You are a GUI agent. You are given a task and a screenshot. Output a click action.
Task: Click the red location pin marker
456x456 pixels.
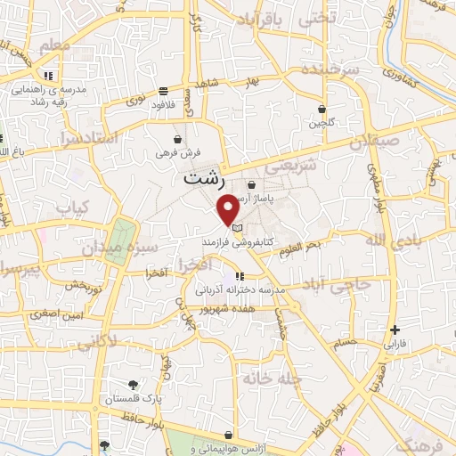[229, 209]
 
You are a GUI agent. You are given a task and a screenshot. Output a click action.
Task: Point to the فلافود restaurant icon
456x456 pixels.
[164, 91]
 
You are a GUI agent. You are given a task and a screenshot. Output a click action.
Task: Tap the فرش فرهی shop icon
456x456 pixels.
[178, 140]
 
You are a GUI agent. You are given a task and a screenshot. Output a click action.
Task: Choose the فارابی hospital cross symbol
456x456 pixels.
[395, 330]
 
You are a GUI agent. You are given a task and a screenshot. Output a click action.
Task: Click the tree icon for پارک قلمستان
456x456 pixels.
[133, 384]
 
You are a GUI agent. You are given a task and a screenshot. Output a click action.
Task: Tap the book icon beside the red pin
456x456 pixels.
[238, 228]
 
